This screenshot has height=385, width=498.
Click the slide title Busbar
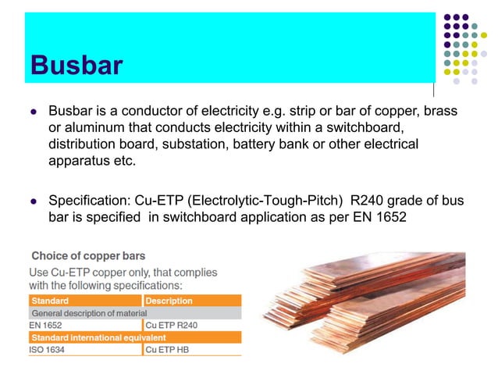click(x=76, y=65)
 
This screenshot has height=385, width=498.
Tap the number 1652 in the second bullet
click(x=387, y=216)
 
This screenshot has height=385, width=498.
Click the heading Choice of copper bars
click(x=88, y=256)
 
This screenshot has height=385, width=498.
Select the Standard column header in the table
click(x=50, y=301)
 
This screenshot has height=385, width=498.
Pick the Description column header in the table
click(x=169, y=301)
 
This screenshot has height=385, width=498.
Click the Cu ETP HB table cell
click(x=167, y=350)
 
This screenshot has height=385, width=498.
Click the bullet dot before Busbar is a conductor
click(x=33, y=112)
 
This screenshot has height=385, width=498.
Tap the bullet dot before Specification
click(x=33, y=201)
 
